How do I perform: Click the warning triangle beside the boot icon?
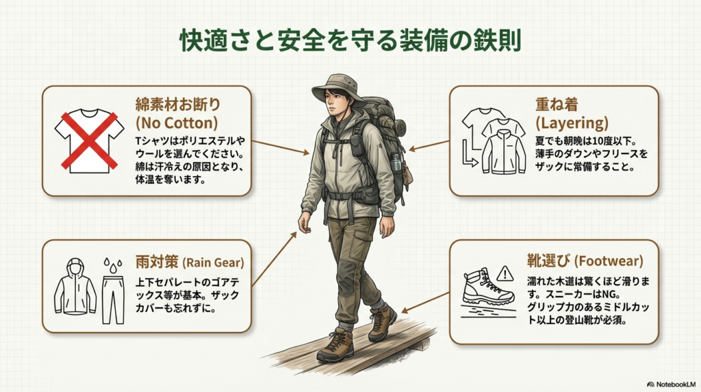(x=505, y=274)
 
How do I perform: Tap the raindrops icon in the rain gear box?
(x=112, y=265)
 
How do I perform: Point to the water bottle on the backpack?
(x=395, y=164)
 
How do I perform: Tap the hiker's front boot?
(x=335, y=345)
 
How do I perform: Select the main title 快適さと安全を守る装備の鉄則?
(x=350, y=40)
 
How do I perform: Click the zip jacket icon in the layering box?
(x=504, y=149)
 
